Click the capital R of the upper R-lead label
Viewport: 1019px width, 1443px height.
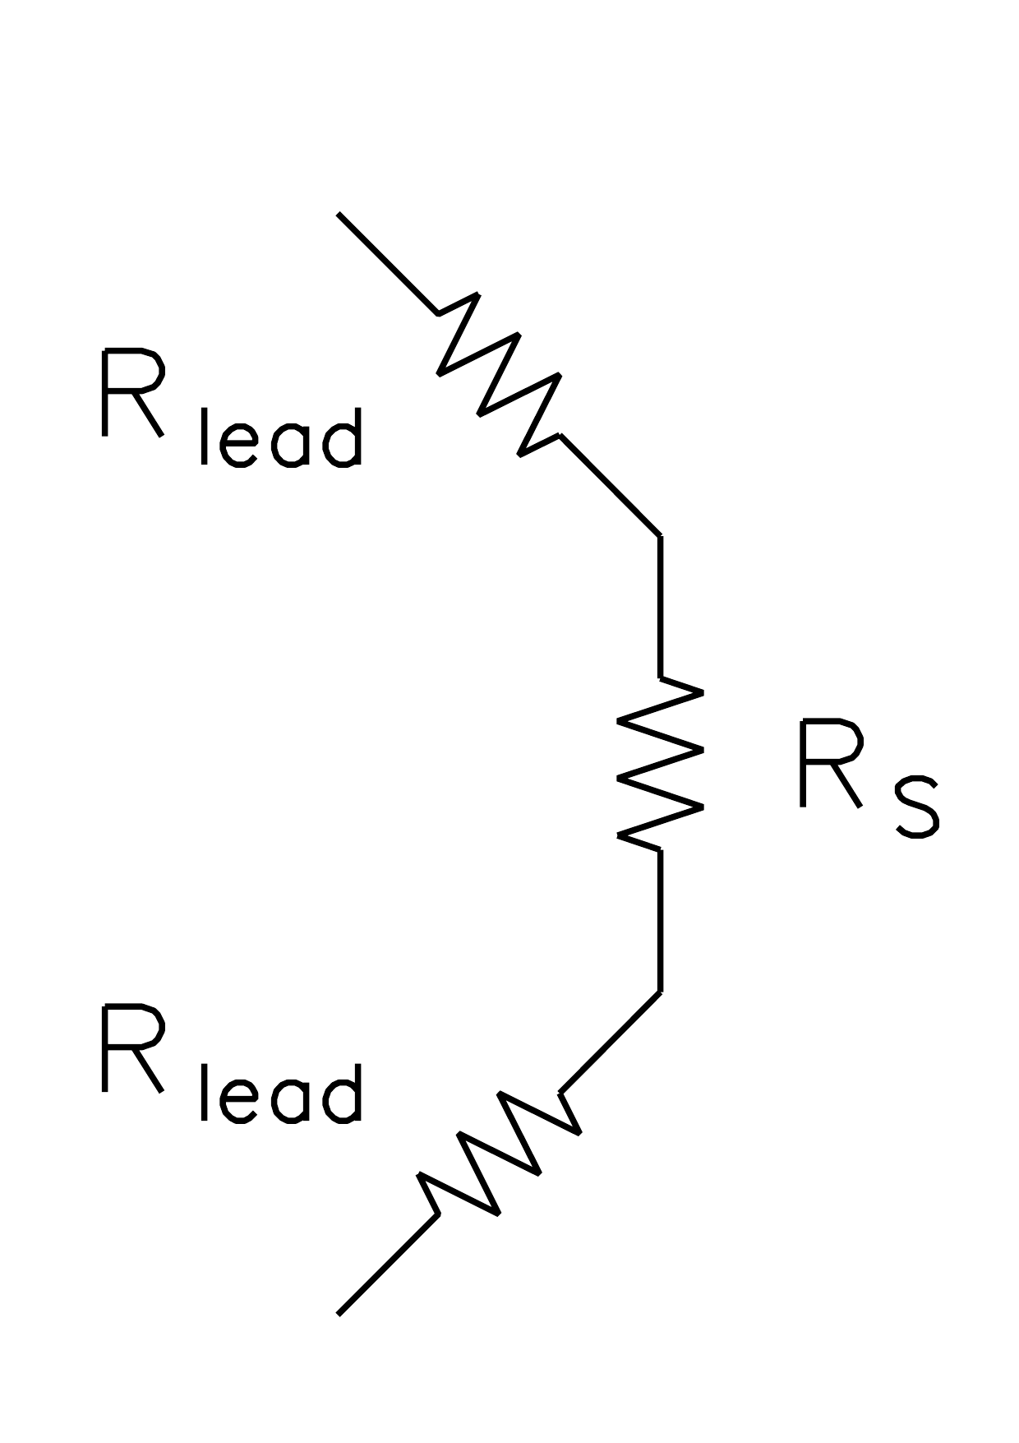[131, 393]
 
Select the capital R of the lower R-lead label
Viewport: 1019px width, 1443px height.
[131, 1048]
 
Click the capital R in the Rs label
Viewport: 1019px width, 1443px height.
[829, 763]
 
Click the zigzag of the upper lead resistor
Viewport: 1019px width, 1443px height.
[500, 374]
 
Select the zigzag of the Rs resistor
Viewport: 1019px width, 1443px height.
[660, 763]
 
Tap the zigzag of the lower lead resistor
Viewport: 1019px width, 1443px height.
[500, 1154]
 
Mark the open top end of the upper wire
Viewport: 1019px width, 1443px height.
[339, 214]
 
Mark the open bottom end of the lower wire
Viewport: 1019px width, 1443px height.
[339, 1313]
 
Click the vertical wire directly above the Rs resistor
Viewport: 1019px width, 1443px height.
[660, 607]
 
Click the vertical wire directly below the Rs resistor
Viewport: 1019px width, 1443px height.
[660, 920]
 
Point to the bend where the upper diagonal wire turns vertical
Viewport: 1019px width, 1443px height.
[660, 536]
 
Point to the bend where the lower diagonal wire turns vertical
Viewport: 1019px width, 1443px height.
[660, 992]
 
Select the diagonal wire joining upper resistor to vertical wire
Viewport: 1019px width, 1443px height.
[610, 486]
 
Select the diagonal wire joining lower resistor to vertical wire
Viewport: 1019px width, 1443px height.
[610, 1042]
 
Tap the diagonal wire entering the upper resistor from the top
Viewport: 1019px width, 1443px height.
[388, 263]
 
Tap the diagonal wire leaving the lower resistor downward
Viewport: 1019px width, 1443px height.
[388, 1263]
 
